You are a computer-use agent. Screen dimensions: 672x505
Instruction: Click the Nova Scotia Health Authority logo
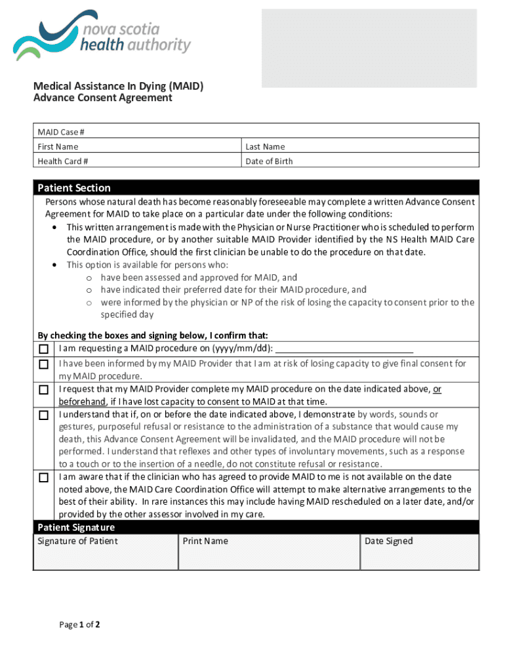pyautogui.click(x=102, y=39)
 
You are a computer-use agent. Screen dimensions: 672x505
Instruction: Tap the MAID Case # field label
pyautogui.click(x=61, y=132)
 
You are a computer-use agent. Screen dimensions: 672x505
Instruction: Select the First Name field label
pyautogui.click(x=58, y=146)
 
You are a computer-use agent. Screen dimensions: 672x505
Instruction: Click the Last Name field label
pyautogui.click(x=265, y=146)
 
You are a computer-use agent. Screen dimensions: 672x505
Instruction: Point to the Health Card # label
pyautogui.click(x=63, y=161)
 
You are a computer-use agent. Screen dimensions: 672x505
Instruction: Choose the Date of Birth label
pyautogui.click(x=269, y=161)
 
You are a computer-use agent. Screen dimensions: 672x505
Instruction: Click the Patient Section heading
pyautogui.click(x=74, y=188)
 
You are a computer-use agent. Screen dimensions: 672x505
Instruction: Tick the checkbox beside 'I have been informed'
pyautogui.click(x=44, y=364)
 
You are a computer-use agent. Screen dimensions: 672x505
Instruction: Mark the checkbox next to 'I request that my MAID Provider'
pyautogui.click(x=44, y=390)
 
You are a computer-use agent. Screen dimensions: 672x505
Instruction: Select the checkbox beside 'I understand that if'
pyautogui.click(x=44, y=415)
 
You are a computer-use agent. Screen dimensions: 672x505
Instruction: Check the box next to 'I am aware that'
pyautogui.click(x=44, y=478)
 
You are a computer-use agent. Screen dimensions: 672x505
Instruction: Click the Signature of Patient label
pyautogui.click(x=77, y=541)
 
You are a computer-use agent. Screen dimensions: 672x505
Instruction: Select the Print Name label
pyautogui.click(x=205, y=541)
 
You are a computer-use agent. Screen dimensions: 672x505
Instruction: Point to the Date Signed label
pyautogui.click(x=389, y=541)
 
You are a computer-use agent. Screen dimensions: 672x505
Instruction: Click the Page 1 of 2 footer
pyautogui.click(x=79, y=625)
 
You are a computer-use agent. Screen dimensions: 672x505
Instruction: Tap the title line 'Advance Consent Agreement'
pyautogui.click(x=103, y=98)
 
